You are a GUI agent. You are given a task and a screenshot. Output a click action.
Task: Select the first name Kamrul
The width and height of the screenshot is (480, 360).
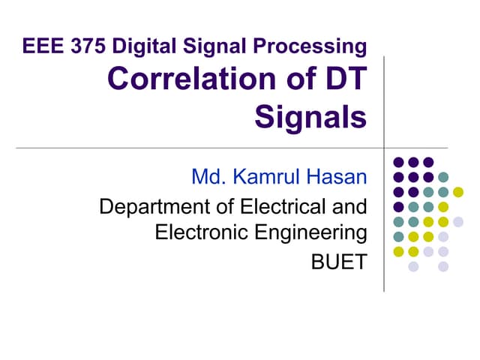point(260,178)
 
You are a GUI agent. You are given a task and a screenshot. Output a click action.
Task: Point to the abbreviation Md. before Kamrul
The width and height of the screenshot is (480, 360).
point(209,178)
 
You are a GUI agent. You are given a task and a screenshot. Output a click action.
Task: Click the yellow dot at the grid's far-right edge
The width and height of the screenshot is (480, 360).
point(458,191)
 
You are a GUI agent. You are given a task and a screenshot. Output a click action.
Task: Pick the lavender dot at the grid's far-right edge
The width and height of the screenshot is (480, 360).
point(458,221)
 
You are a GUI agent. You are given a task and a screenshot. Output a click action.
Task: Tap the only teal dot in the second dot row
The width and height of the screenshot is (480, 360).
point(443,177)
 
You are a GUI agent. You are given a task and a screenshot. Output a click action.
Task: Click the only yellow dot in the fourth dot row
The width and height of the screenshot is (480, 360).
point(443,206)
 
